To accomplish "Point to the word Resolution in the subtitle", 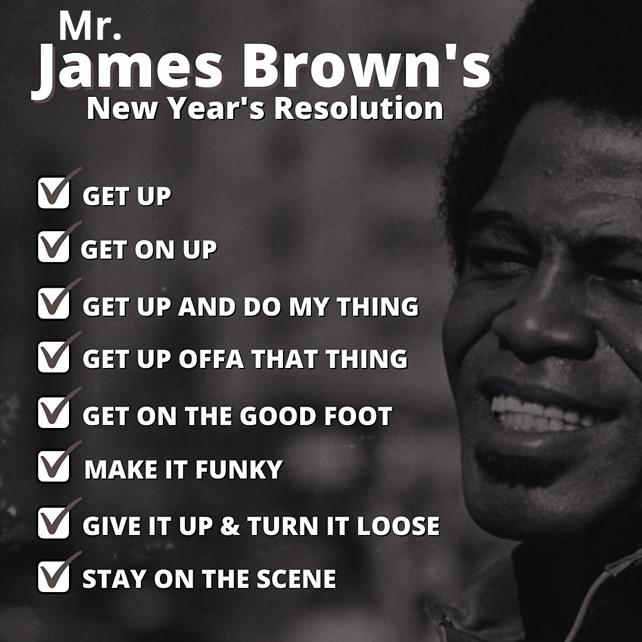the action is point(358,109).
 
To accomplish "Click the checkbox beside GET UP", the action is point(53,193).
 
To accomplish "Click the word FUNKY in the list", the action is point(239,469).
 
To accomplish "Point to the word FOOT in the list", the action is point(358,416).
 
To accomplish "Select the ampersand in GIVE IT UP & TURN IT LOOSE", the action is point(230,525).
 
